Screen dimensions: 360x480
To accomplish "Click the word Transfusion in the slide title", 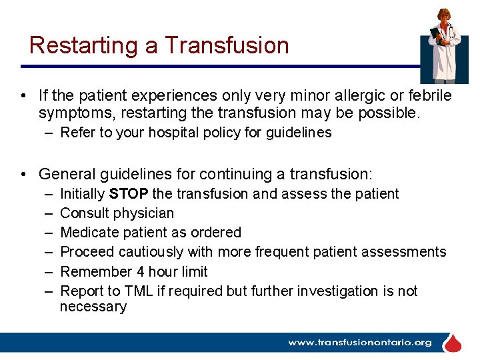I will click(x=227, y=45).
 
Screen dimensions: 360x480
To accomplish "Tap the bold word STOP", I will click(x=129, y=194).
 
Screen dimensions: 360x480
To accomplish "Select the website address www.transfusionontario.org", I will click(x=359, y=343).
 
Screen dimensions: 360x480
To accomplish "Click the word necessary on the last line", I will click(x=93, y=307).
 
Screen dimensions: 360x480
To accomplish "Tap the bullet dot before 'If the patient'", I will click(x=24, y=96).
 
